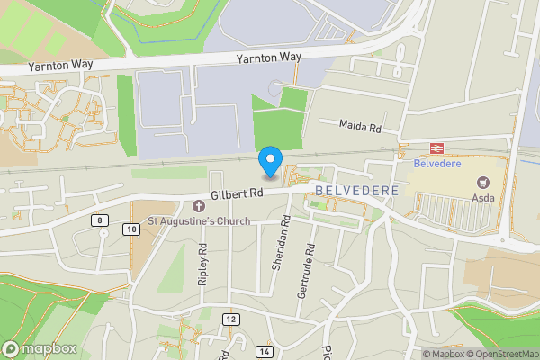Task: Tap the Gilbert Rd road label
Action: pyautogui.click(x=237, y=193)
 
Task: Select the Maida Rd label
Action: pyautogui.click(x=361, y=128)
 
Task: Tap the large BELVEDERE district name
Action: pyautogui.click(x=357, y=192)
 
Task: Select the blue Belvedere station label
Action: pyautogui.click(x=436, y=165)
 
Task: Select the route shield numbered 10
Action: pyautogui.click(x=132, y=230)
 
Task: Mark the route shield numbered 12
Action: pyautogui.click(x=231, y=319)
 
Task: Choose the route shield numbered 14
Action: pyautogui.click(x=264, y=350)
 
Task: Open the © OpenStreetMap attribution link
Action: pyautogui.click(x=503, y=354)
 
